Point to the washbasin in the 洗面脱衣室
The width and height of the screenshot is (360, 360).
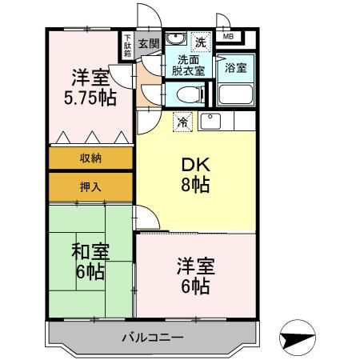(x=178, y=42)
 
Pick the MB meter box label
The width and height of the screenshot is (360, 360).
(x=228, y=37)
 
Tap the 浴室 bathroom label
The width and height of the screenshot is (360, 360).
(x=234, y=68)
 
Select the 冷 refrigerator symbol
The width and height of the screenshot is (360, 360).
(x=182, y=122)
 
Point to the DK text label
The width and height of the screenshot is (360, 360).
(x=194, y=164)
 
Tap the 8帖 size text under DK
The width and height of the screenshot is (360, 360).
(x=194, y=186)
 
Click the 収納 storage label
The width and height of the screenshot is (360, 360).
(x=90, y=158)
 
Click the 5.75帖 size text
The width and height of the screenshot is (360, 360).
(x=90, y=98)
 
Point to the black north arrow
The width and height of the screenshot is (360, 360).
(x=298, y=338)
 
